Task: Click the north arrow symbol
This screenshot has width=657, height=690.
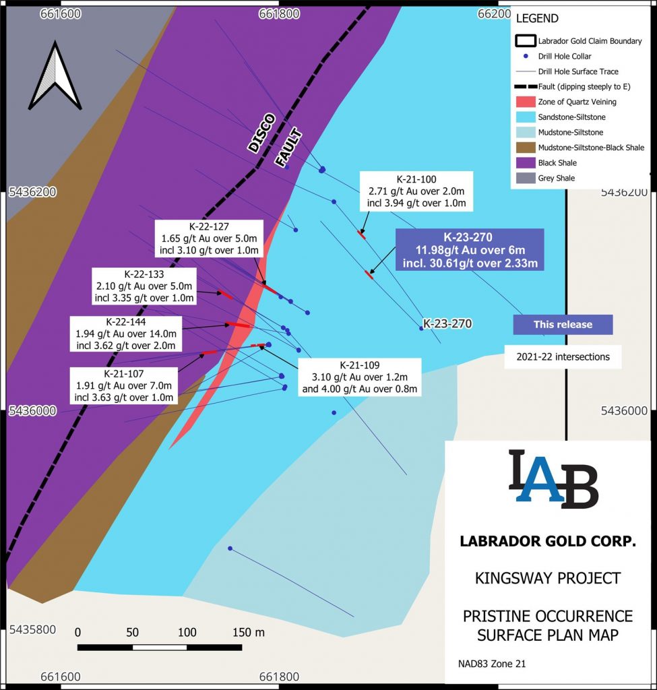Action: point(57,75)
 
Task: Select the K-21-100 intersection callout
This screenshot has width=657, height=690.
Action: point(416,191)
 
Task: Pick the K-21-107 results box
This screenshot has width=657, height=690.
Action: point(125,385)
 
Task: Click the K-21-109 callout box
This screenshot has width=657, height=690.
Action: point(359,377)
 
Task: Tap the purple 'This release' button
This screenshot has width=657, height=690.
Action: point(563,324)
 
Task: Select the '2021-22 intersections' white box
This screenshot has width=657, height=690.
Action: point(563,356)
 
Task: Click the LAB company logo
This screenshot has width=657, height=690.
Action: point(553,478)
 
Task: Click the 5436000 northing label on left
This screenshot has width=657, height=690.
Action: point(32,410)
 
